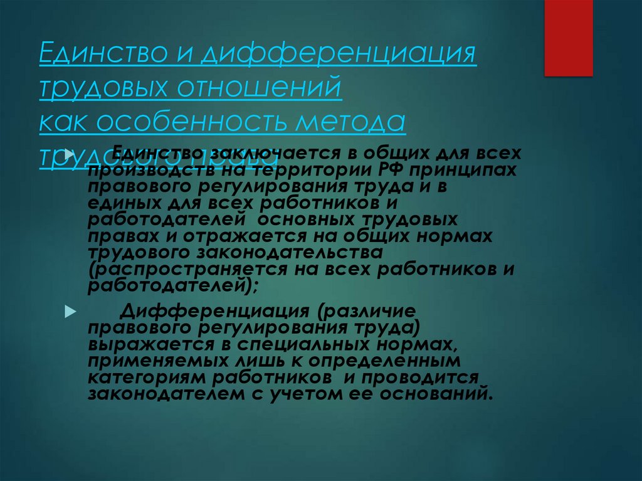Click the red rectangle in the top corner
(568, 38)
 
